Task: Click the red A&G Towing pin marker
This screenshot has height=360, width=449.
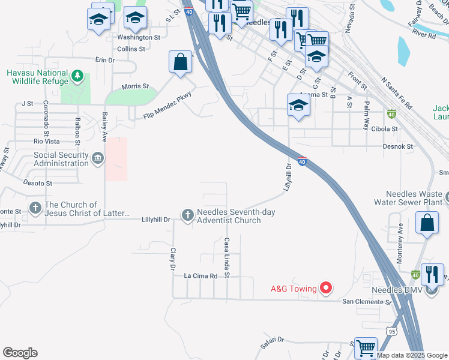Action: [x=326, y=289]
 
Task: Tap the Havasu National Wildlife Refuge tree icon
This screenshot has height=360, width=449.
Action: [x=77, y=76]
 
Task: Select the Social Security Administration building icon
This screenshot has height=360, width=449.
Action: [x=97, y=158]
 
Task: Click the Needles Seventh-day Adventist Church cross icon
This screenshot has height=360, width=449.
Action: [x=188, y=215]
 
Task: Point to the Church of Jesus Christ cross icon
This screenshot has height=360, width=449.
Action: [x=35, y=208]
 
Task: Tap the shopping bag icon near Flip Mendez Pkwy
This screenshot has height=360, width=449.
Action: [x=180, y=61]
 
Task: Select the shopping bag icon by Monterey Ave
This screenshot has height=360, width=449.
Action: [x=426, y=223]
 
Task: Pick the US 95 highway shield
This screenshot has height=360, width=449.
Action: [x=391, y=331]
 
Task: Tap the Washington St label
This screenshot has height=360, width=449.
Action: [x=139, y=37]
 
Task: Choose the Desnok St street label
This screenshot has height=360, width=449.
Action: [x=399, y=146]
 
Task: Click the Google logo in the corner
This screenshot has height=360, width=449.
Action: [x=20, y=353]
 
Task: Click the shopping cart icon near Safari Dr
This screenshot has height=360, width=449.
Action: [x=365, y=347]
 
